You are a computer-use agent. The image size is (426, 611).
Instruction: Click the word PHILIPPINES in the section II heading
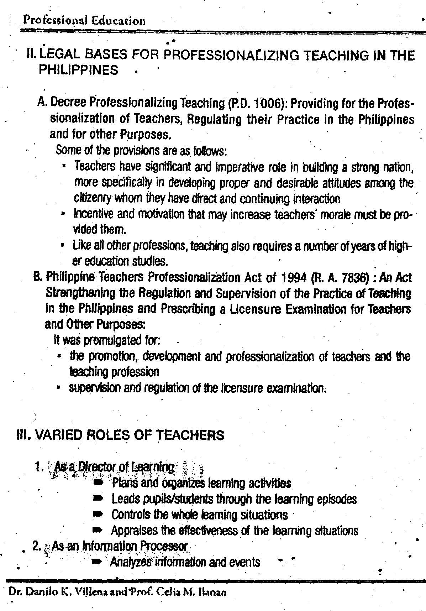(78, 69)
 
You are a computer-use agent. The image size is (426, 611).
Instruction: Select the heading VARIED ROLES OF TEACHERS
(121, 435)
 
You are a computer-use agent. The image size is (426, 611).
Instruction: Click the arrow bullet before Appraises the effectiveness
(97, 531)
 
